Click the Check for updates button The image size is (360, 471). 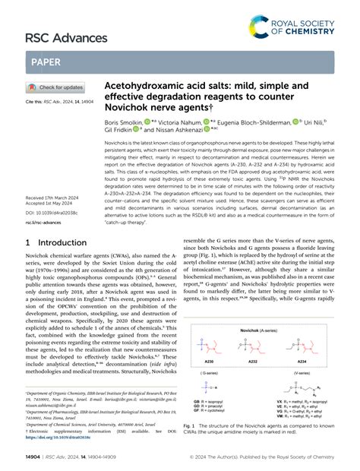point(55,87)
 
